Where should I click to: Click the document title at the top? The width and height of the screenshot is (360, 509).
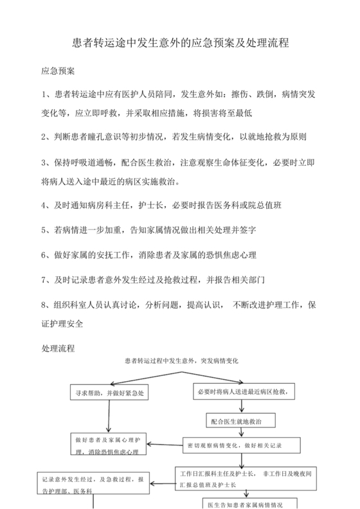tap(179, 44)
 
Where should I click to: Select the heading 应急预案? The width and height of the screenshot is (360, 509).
tap(58, 70)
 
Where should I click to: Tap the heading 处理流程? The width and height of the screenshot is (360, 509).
tap(58, 348)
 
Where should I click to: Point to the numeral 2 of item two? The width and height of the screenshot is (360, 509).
tap(44, 137)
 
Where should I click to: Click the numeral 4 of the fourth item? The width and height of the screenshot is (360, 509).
tap(44, 206)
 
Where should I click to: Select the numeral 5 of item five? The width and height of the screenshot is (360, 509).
tap(44, 230)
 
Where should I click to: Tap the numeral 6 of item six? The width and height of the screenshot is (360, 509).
tap(44, 255)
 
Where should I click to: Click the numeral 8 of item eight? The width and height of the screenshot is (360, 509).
tap(44, 305)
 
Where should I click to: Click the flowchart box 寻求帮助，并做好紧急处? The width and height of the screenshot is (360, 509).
tap(109, 393)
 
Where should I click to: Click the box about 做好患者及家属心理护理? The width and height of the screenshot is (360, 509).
tap(109, 446)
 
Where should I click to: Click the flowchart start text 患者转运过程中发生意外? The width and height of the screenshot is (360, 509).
tap(181, 361)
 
